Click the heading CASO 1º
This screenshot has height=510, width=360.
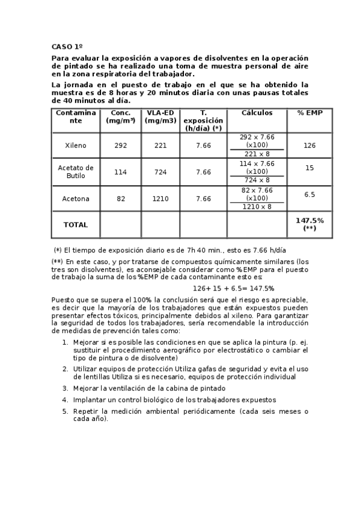[67, 46]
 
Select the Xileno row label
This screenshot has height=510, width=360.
[76, 146]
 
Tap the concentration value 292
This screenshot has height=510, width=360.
[121, 146]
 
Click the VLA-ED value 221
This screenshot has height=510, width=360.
[160, 146]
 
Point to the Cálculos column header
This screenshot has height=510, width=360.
[257, 113]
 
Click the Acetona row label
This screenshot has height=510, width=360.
[76, 199]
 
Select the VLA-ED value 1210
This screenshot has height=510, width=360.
[160, 199]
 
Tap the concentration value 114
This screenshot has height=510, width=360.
[121, 172]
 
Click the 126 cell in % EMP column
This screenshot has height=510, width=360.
[310, 146]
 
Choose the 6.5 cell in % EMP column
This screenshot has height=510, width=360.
[310, 195]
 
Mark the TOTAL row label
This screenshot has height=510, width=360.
[76, 225]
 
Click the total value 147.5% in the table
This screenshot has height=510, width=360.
[310, 221]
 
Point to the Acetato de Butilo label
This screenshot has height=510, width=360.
[76, 172]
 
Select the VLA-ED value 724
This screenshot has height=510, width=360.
[160, 172]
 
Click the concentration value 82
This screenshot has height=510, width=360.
[121, 199]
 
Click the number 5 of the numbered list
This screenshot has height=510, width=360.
[65, 411]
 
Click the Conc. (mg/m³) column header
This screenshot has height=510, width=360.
[121, 117]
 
